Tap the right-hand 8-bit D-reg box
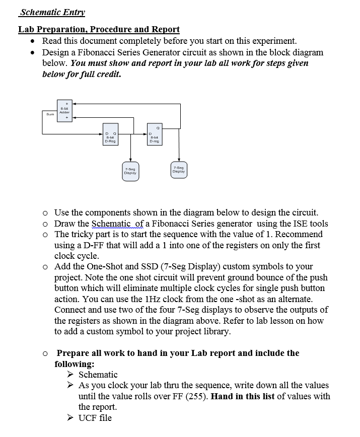click(x=155, y=134)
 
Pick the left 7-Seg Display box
click(x=130, y=171)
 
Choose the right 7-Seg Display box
click(x=178, y=169)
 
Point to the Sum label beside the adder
click(x=50, y=115)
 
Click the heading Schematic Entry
click(x=52, y=12)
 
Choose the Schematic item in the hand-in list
click(x=98, y=375)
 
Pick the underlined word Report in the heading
click(x=166, y=29)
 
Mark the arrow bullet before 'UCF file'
click(x=70, y=418)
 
